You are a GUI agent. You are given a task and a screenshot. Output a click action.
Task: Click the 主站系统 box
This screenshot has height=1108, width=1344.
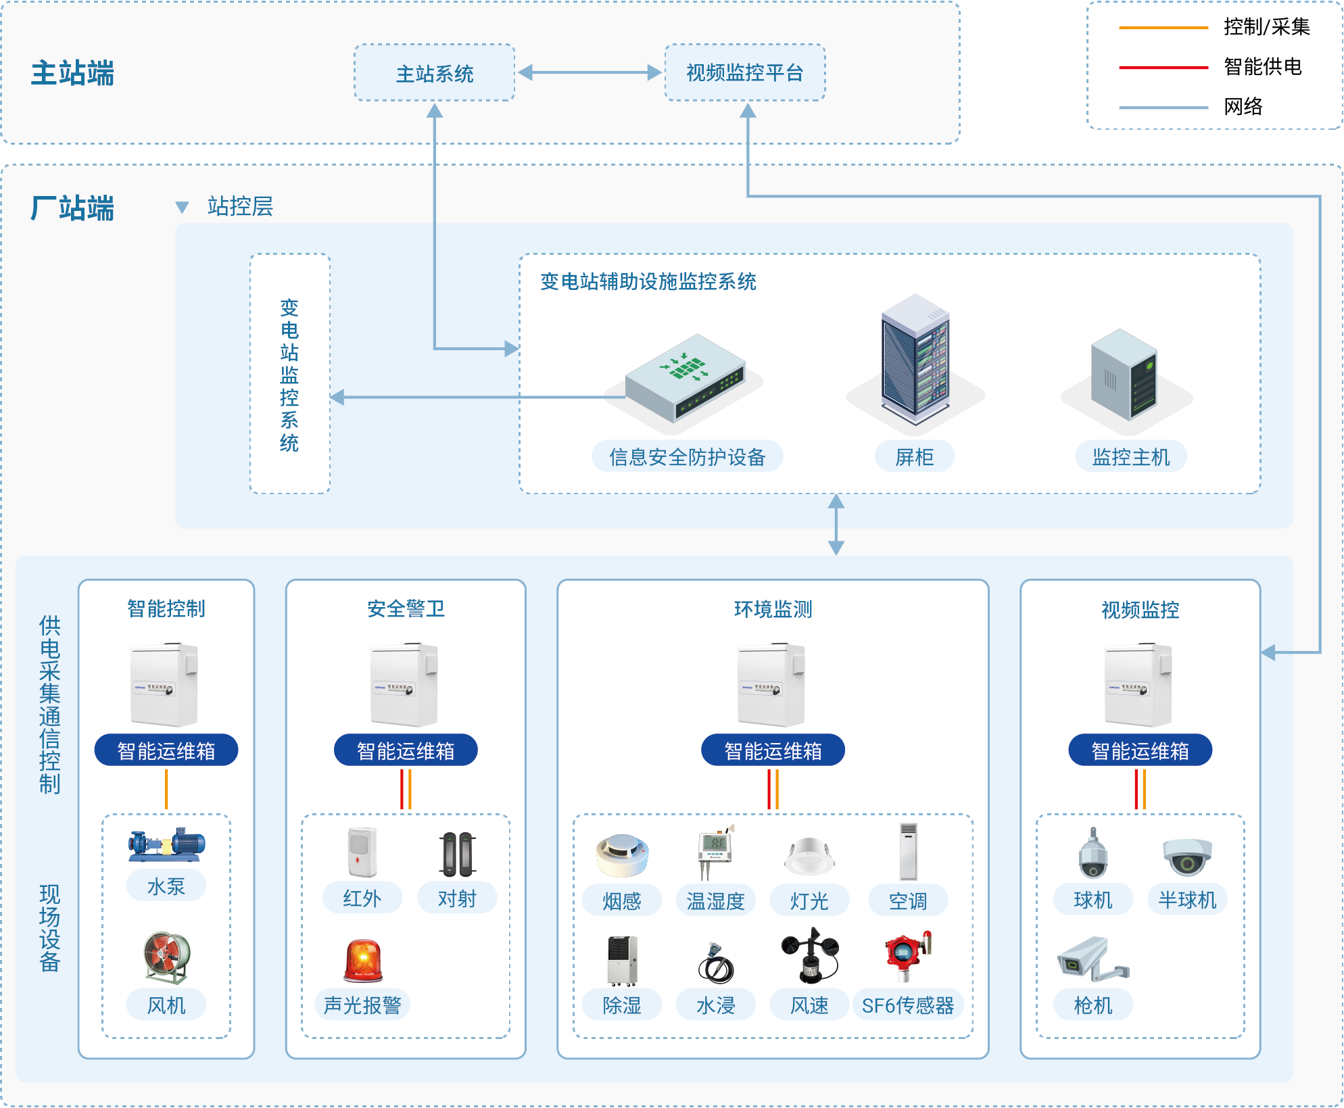pos(434,73)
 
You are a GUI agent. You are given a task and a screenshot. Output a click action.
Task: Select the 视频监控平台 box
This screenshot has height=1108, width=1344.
pos(744,73)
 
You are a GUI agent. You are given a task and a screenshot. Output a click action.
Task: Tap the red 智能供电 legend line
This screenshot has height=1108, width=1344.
pos(1163,68)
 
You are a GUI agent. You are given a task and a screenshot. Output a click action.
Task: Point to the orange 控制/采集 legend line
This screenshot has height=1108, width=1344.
pos(1163,28)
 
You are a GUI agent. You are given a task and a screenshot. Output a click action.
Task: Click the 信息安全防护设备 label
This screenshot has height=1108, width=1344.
pos(687,457)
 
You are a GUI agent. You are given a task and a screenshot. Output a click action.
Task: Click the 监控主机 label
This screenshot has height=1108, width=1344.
pos(1130,457)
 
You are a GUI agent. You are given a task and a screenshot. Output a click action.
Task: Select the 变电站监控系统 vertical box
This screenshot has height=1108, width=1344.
pos(289,374)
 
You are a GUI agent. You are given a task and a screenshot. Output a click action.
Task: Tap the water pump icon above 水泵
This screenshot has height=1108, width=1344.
pos(166,844)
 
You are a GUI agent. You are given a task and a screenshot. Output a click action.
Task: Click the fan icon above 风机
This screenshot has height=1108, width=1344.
pos(166,957)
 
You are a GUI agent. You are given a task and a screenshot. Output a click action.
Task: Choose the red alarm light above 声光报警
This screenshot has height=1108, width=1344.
pos(363,960)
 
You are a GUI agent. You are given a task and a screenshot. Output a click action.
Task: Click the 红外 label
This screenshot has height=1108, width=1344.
pos(362,898)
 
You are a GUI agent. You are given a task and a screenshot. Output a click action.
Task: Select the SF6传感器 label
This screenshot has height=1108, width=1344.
pos(907,1005)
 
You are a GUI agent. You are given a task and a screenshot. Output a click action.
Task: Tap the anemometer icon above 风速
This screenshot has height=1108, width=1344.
pos(810,956)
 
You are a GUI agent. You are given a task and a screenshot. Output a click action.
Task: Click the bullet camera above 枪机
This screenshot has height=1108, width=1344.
pos(1092,958)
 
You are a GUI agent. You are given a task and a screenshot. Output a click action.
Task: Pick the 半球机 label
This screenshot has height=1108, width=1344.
pos(1186,900)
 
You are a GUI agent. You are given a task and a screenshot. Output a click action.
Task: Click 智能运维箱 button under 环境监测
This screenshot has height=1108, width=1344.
pos(773,750)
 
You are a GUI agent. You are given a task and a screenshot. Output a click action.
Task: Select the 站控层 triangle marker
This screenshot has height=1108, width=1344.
pos(182,207)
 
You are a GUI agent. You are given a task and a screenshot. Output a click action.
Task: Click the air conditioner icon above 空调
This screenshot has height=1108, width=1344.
pos(908,852)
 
